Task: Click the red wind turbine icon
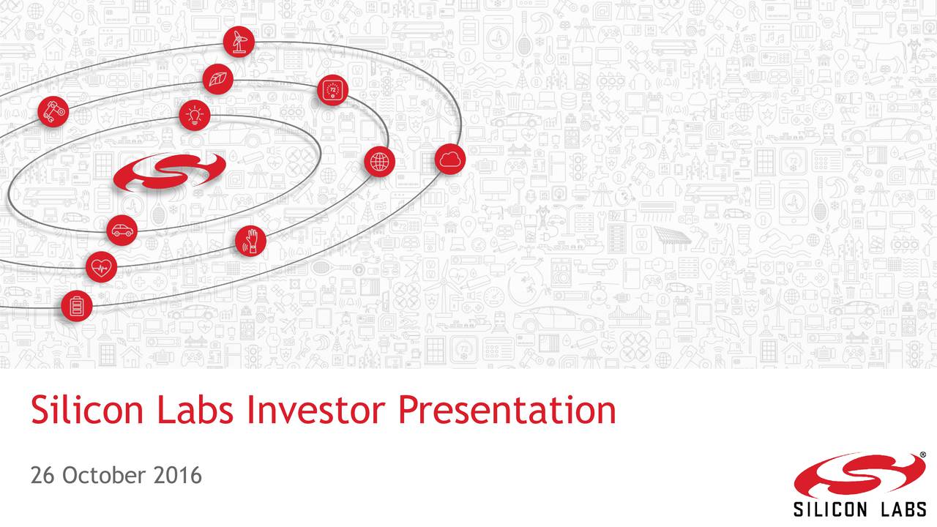click(x=239, y=42)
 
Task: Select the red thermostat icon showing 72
click(x=332, y=91)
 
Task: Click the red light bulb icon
click(x=195, y=115)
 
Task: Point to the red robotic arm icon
click(x=53, y=111)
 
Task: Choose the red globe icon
click(x=379, y=162)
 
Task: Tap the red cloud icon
click(x=450, y=160)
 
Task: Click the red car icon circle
click(x=122, y=231)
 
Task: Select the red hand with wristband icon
click(x=250, y=242)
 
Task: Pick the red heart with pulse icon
click(x=101, y=266)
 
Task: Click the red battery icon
click(x=77, y=305)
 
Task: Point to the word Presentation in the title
click(x=507, y=411)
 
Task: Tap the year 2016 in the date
click(x=178, y=476)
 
